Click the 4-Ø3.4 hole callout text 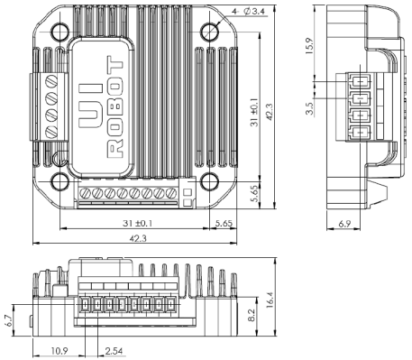click(x=248, y=12)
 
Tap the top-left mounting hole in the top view click(x=60, y=32)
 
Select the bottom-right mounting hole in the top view click(x=209, y=181)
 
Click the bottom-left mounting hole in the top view click(x=60, y=181)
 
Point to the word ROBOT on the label click(x=115, y=106)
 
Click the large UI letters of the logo click(x=90, y=106)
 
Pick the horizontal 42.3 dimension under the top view click(x=138, y=238)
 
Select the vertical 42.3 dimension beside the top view click(x=270, y=112)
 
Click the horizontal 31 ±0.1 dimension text click(x=138, y=224)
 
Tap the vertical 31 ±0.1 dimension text click(x=254, y=112)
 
